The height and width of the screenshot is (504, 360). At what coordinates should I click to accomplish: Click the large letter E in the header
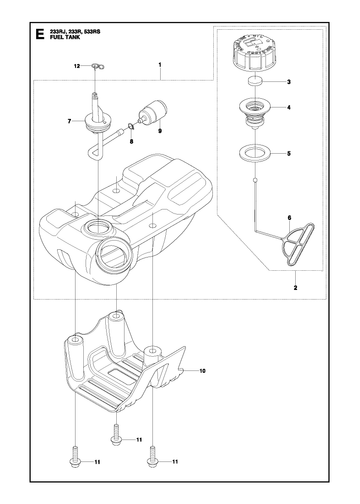point(40,34)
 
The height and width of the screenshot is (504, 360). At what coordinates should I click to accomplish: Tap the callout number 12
point(77,66)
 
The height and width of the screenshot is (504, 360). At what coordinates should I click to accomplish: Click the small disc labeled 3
point(255,81)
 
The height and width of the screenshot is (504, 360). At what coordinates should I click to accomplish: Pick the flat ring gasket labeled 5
point(254,154)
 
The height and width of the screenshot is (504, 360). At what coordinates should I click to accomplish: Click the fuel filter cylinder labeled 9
point(153,112)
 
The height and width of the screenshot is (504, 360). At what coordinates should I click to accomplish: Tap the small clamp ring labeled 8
point(130,126)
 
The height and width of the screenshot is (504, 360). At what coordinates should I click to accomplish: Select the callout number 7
point(69,121)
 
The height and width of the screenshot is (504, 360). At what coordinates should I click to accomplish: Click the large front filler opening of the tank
point(113,254)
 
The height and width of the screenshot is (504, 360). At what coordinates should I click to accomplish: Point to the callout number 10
point(202,371)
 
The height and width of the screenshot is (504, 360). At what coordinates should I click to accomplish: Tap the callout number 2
point(295,288)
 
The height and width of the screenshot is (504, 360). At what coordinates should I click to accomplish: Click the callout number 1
point(160,65)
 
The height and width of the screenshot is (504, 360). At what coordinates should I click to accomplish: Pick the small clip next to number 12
point(98,67)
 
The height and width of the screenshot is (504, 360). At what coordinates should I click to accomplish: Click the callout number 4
point(289,108)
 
